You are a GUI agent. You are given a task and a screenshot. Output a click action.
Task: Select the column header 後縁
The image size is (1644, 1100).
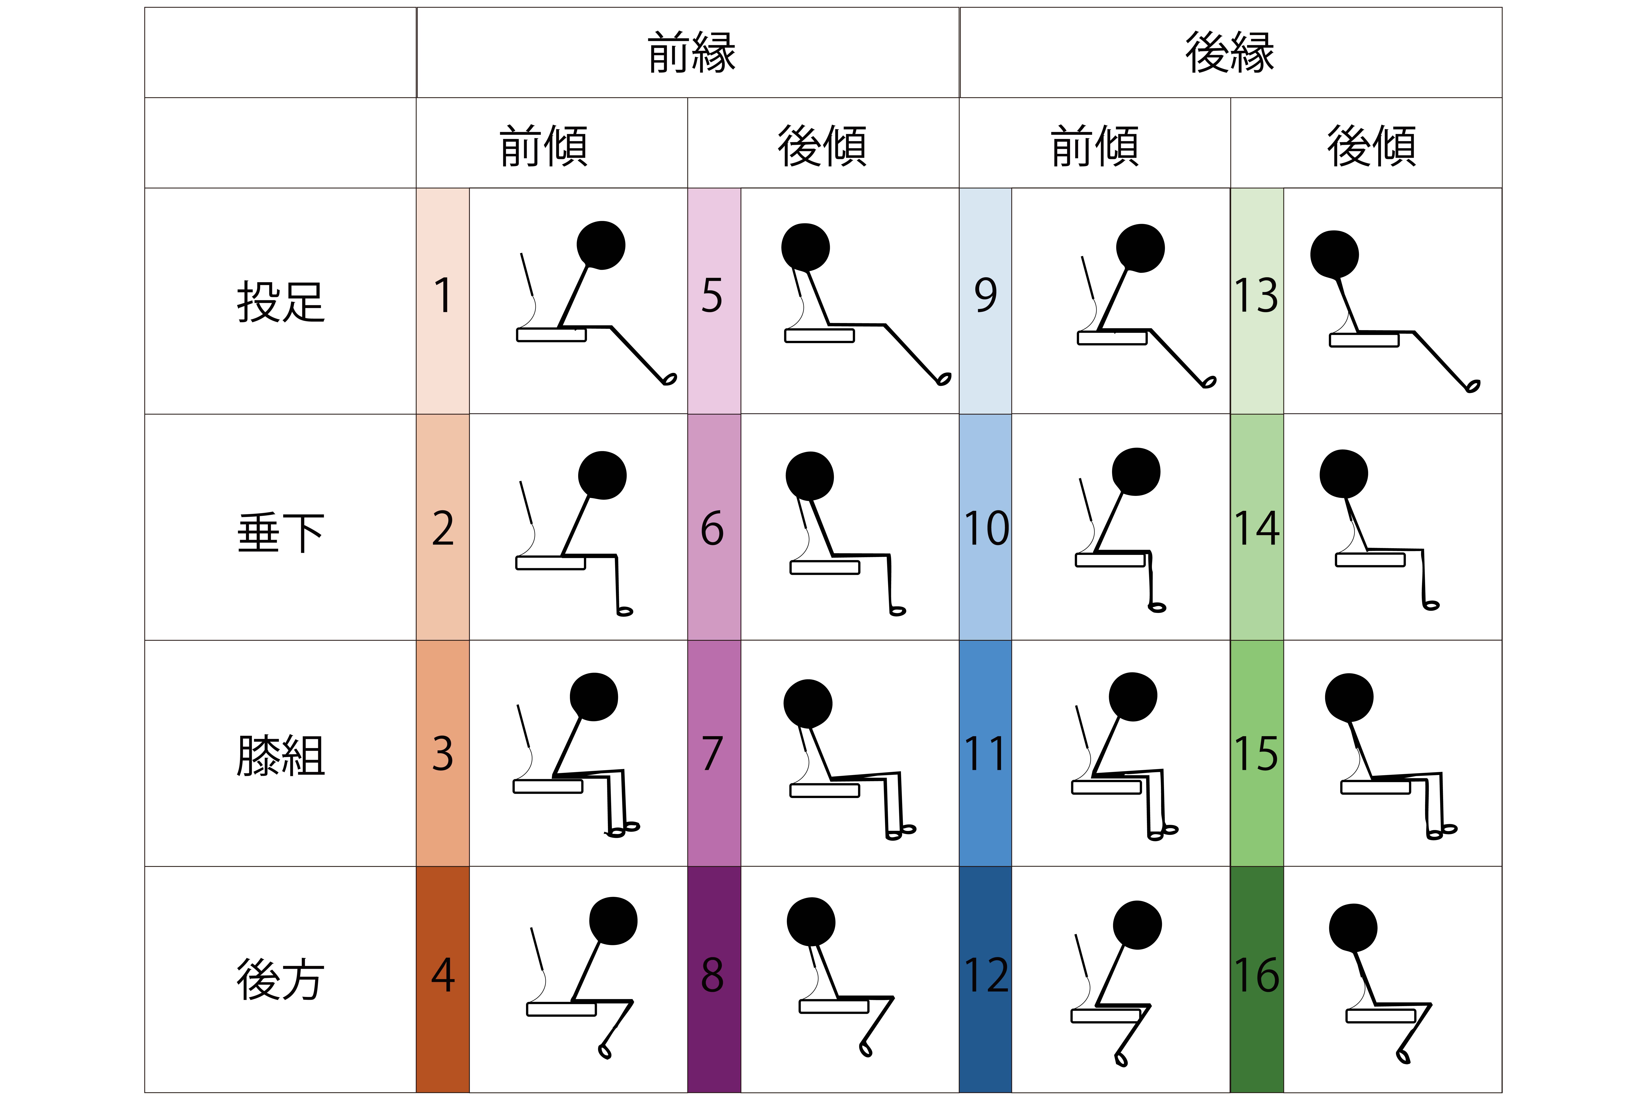point(1230,53)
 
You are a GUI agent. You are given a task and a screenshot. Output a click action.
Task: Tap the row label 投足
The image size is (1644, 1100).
point(281,302)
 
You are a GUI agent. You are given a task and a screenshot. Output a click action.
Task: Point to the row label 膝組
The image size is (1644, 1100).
point(281,755)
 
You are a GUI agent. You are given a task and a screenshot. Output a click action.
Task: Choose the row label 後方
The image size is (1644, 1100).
point(281,979)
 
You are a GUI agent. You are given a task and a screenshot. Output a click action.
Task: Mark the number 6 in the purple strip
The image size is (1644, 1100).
point(712,528)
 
